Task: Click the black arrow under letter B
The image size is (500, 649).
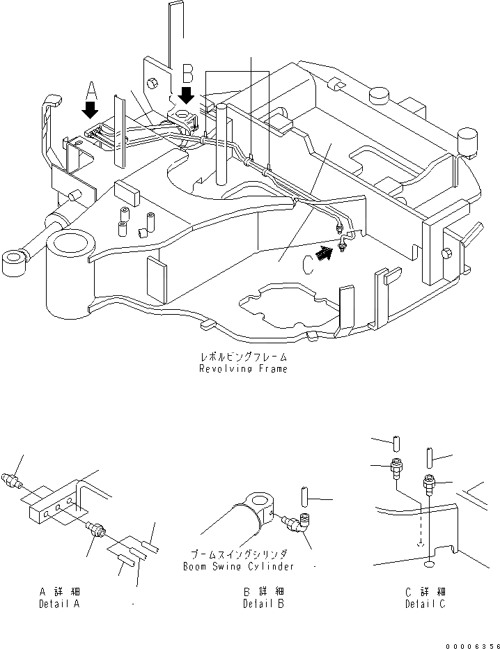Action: (x=187, y=95)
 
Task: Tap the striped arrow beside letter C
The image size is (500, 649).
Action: (x=324, y=253)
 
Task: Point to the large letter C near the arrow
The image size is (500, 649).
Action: (x=308, y=265)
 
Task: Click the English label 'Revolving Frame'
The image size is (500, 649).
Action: (x=243, y=369)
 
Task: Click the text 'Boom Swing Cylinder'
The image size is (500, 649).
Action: (x=238, y=567)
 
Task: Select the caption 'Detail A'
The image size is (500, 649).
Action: (x=59, y=604)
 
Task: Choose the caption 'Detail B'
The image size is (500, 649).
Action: (x=264, y=604)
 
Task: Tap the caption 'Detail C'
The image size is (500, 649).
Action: (x=425, y=604)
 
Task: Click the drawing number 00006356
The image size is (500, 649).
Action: (x=473, y=646)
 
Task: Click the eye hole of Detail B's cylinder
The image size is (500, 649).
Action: (x=259, y=501)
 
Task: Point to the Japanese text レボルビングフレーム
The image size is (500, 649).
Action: (x=243, y=357)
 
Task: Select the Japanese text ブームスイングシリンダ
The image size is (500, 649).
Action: (x=239, y=554)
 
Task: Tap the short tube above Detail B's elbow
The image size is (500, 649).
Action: (x=306, y=496)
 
